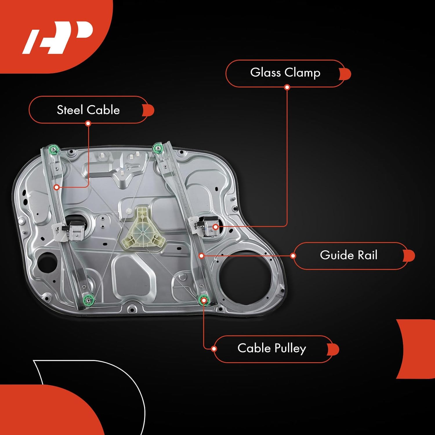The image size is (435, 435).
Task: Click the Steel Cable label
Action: point(88,110)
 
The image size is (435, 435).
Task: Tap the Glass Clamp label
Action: point(285,72)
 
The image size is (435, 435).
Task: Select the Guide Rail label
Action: point(349,255)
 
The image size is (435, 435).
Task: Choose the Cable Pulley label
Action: point(272,348)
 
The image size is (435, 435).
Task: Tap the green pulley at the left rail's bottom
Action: point(88,300)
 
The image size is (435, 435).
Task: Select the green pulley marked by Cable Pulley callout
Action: point(204,300)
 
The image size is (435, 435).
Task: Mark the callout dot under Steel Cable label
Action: point(88,124)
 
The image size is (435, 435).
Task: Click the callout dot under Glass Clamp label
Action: point(287,87)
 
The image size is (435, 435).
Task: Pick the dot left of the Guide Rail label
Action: point(293,255)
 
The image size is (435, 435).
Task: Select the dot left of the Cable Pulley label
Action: point(214,349)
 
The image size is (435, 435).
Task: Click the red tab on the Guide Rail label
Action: point(409,255)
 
